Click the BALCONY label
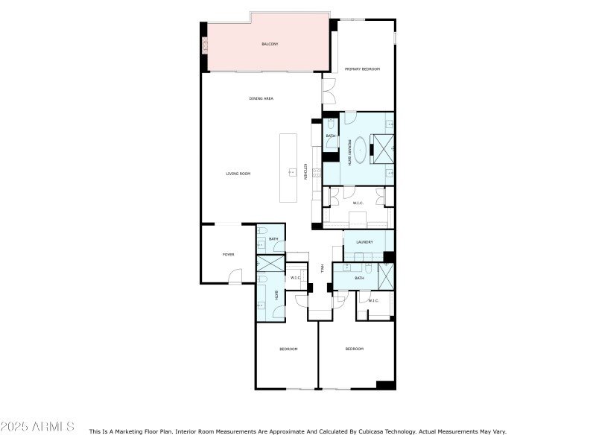point(270,45)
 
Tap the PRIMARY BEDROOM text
point(363,69)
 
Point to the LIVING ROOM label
point(238,174)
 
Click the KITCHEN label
point(305,171)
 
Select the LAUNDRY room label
point(364,242)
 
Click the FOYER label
point(228,255)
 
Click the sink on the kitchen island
point(291,172)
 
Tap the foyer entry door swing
point(234,278)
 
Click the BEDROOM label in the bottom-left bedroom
point(288,349)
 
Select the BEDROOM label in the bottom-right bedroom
point(354,349)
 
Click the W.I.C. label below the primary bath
point(358,203)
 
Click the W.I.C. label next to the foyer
point(295,278)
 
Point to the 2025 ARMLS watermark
point(37,427)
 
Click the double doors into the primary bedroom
point(329,92)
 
